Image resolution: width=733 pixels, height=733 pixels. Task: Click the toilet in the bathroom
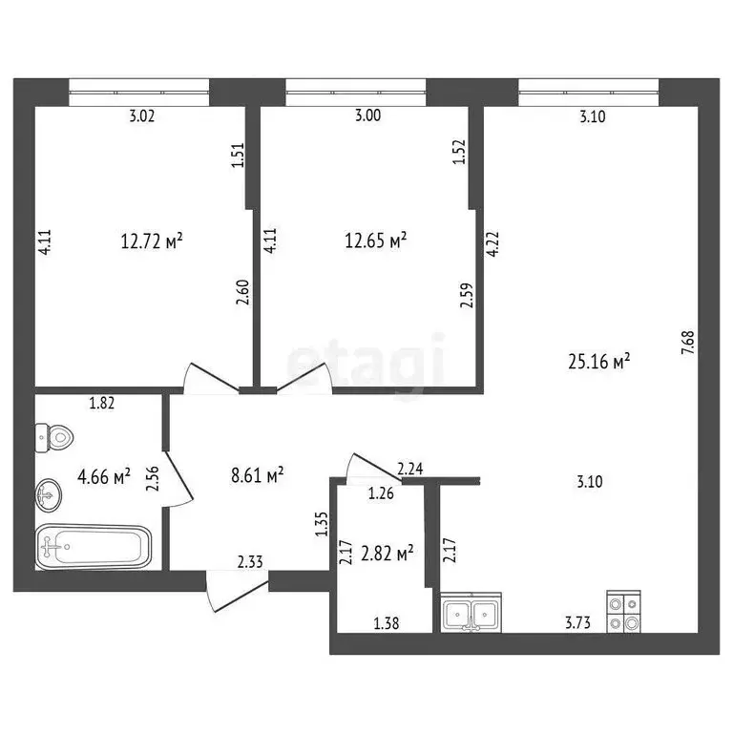click(54, 438)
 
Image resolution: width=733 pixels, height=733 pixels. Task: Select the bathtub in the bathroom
click(94, 548)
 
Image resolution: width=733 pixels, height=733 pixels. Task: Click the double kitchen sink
click(472, 613)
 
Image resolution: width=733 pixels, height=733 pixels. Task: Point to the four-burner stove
click(623, 613)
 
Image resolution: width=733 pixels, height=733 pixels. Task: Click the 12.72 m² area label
click(151, 241)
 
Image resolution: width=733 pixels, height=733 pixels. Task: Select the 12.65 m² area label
click(375, 241)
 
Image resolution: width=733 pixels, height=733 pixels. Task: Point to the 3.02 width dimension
click(141, 117)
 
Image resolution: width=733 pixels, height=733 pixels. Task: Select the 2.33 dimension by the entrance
click(250, 564)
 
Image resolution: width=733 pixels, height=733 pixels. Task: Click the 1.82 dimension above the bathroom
click(101, 403)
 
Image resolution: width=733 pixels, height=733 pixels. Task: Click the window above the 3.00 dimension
click(356, 94)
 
